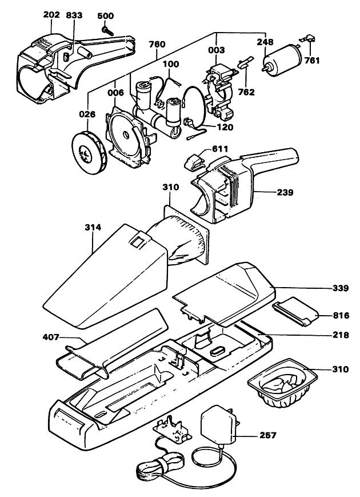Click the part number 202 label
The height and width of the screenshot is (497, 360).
pyautogui.click(x=51, y=15)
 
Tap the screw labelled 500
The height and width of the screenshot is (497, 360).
pyautogui.click(x=107, y=30)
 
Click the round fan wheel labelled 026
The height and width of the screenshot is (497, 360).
pyautogui.click(x=89, y=153)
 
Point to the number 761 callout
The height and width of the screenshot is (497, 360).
pyautogui.click(x=312, y=60)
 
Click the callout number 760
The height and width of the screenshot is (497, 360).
pyautogui.click(x=157, y=44)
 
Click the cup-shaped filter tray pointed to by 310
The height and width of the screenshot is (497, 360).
pyautogui.click(x=282, y=382)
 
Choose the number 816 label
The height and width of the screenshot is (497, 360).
pyautogui.click(x=341, y=316)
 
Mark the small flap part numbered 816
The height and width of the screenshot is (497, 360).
pyautogui.click(x=295, y=312)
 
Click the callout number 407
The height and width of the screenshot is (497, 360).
pyautogui.click(x=51, y=337)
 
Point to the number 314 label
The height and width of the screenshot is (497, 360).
pyautogui.click(x=93, y=227)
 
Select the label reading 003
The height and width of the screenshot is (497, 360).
pyautogui.click(x=217, y=50)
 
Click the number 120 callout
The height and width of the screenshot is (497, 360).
pyautogui.click(x=225, y=128)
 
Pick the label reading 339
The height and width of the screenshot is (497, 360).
pyautogui.click(x=341, y=288)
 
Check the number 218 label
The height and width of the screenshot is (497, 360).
pyautogui.click(x=341, y=335)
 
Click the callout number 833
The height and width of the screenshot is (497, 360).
pyautogui.click(x=74, y=15)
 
